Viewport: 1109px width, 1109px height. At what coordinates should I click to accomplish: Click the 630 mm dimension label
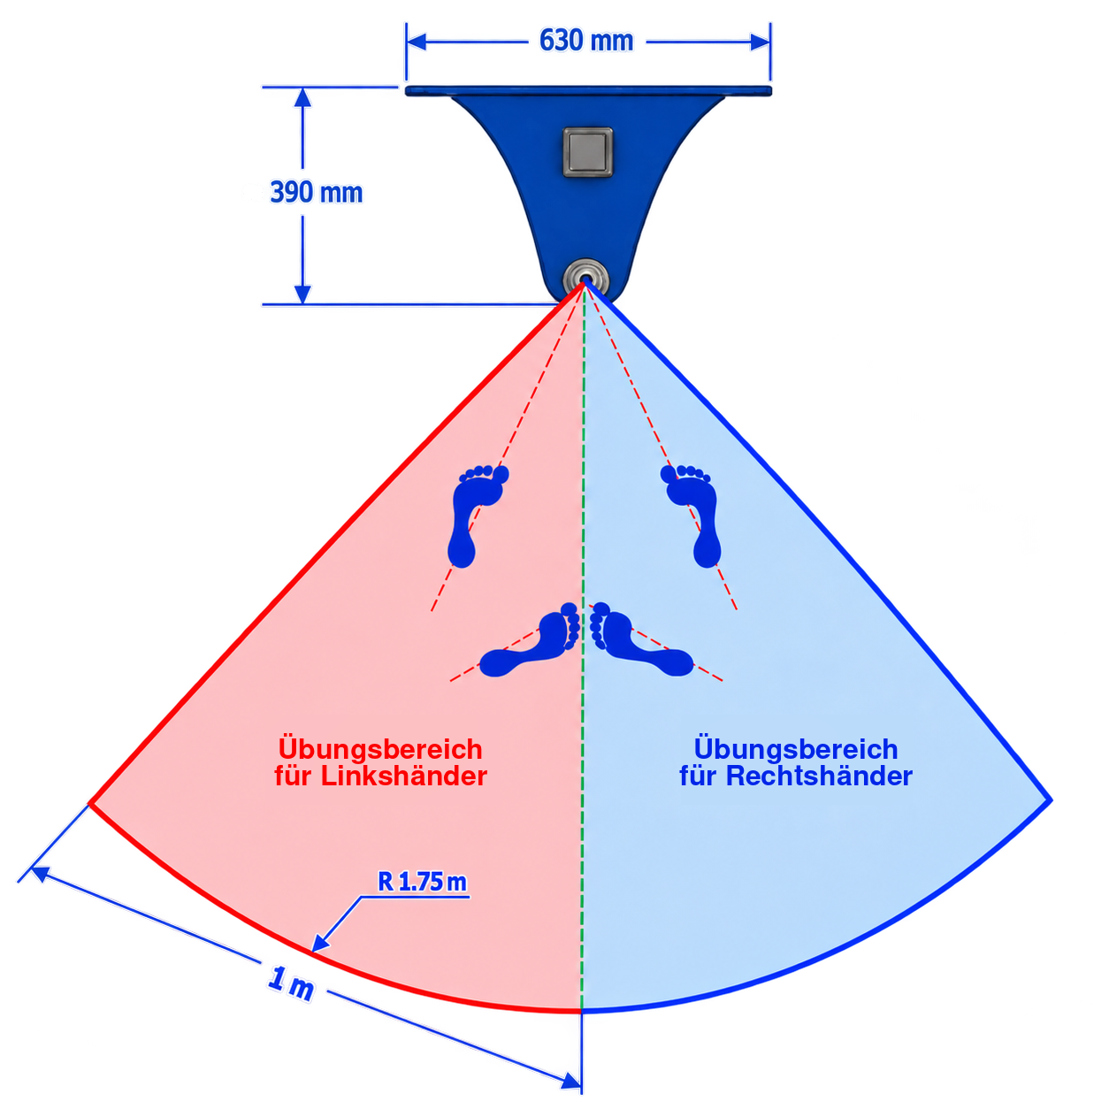585,41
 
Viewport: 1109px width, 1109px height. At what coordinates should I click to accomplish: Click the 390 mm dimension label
316,192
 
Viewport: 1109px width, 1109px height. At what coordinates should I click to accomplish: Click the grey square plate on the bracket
587,152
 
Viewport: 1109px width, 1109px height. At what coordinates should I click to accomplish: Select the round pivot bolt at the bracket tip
585,279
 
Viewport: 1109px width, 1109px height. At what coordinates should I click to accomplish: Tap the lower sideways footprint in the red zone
529,639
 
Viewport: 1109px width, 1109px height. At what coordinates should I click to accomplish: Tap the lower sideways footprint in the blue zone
642,639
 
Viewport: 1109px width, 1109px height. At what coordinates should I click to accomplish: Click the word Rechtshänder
818,776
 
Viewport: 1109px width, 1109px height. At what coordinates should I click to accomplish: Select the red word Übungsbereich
380,749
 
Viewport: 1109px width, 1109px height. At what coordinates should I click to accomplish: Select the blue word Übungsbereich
795,748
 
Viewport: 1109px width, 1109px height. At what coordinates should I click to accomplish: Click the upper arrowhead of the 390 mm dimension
302,97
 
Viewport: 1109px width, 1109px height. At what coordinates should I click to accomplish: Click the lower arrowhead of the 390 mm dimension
302,294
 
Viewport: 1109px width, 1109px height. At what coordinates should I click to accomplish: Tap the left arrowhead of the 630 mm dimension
416,42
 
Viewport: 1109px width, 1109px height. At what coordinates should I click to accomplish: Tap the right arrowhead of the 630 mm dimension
761,42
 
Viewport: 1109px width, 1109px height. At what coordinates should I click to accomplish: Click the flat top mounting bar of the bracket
588,91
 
